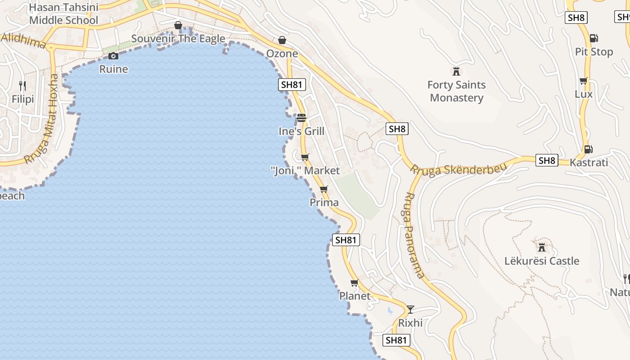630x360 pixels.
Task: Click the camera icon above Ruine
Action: click(113, 56)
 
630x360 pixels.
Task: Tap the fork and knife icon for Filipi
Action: click(22, 85)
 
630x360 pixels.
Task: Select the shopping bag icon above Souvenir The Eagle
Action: click(178, 25)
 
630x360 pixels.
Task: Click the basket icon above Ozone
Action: click(282, 40)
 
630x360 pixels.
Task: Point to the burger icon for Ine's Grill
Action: click(301, 118)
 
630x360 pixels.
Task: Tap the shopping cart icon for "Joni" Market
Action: click(305, 157)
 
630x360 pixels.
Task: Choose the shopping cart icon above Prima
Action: click(324, 189)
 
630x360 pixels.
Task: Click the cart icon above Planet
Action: click(355, 283)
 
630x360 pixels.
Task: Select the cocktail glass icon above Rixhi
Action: click(410, 309)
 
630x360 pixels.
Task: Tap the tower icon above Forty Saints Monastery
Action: click(456, 71)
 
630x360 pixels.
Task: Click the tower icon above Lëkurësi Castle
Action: click(542, 247)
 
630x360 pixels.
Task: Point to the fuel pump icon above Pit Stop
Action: click(594, 39)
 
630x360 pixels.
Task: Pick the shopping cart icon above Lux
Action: click(584, 81)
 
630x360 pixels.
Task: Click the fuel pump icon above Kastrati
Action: click(588, 149)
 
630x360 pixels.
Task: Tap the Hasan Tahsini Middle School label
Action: click(63, 14)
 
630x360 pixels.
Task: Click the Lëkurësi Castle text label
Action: click(542, 261)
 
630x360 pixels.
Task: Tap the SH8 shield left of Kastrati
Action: click(547, 160)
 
